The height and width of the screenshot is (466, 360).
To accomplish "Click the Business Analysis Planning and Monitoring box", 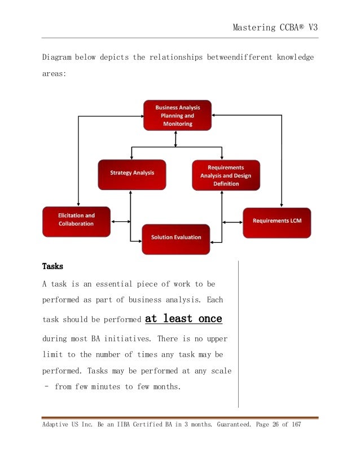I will [177, 116].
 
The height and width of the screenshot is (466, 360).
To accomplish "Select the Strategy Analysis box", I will [132, 173].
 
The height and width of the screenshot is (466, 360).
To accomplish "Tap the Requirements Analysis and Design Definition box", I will [226, 175].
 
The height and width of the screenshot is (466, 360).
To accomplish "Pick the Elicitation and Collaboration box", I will [76, 220].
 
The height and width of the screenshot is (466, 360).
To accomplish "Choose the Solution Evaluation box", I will [176, 238].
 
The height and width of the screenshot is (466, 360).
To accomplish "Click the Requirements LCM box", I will [277, 221].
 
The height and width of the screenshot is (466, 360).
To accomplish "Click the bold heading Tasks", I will [52, 266].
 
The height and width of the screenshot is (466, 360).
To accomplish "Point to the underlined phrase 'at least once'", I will [183, 319].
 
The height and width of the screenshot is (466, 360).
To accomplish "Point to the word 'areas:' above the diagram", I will [55, 73].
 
